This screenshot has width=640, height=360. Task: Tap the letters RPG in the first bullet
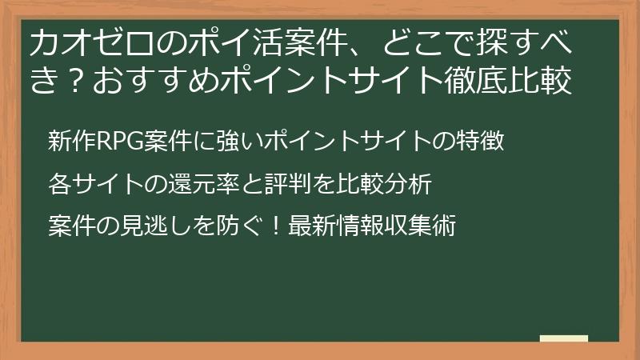[x=119, y=142]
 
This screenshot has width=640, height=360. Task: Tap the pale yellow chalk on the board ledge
[x=563, y=338]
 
